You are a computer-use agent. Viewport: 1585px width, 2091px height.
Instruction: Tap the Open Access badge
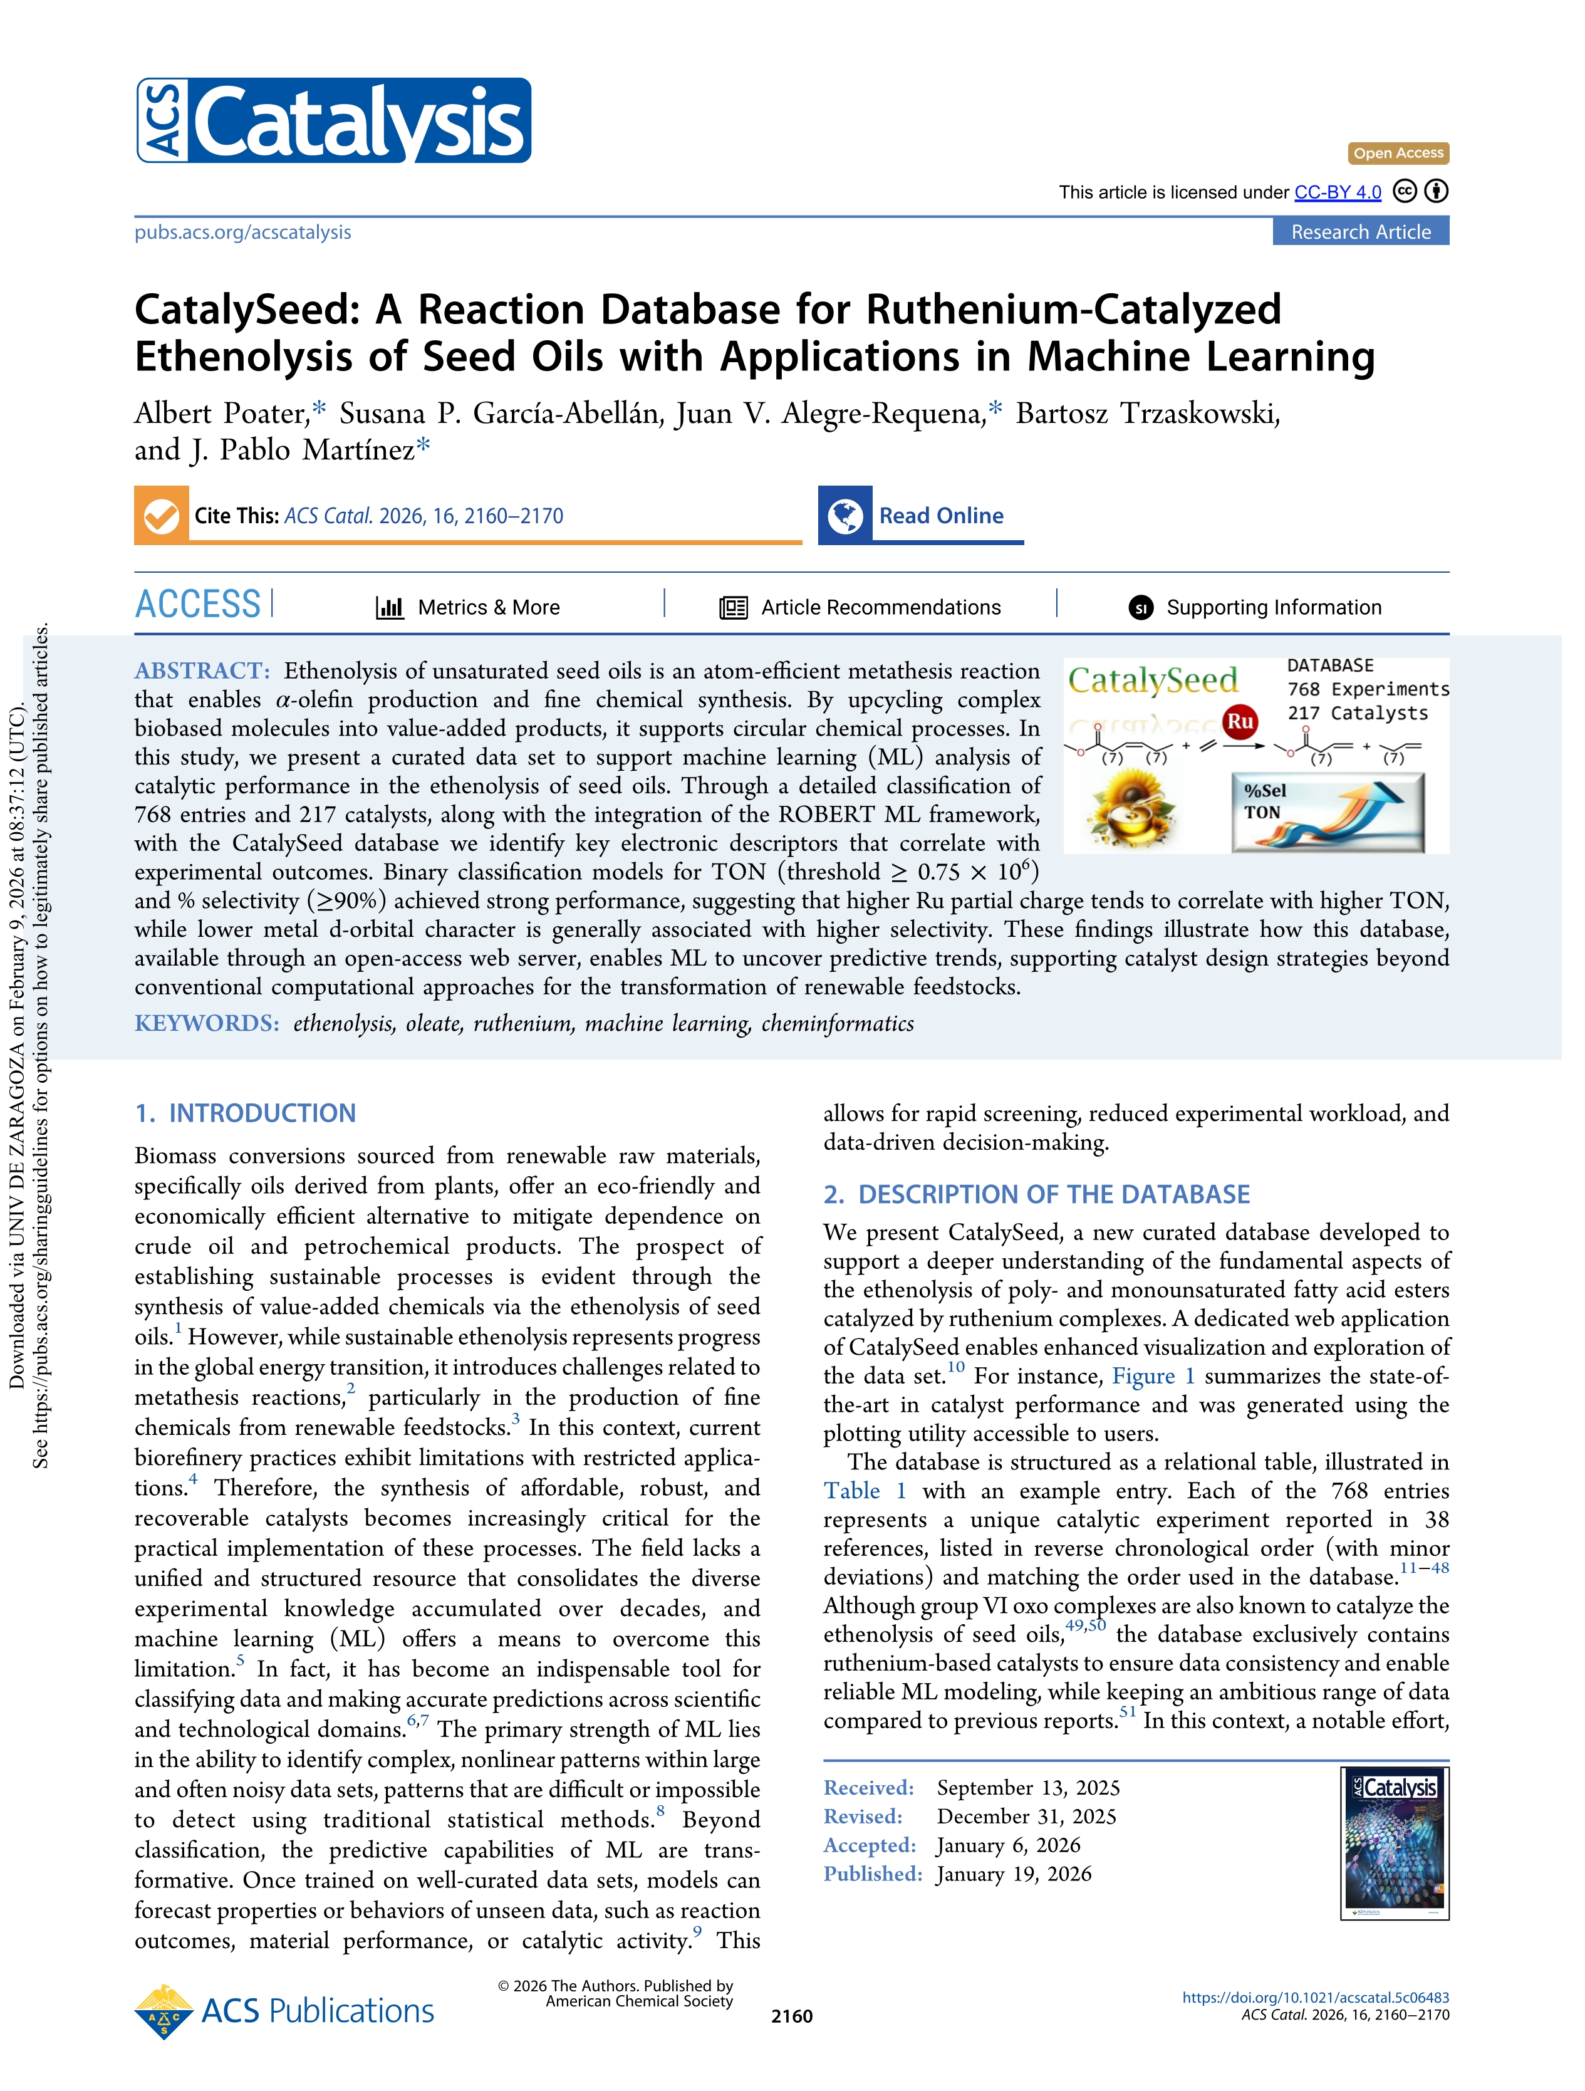pyautogui.click(x=1397, y=153)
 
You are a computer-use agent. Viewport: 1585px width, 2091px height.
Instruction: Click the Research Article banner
pyautogui.click(x=1360, y=232)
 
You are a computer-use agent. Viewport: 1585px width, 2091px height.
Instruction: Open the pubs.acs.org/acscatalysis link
pyautogui.click(x=243, y=232)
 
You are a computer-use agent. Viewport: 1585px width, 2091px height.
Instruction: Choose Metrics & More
pyautogui.click(x=487, y=608)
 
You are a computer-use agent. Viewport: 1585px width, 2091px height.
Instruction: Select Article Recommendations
pyautogui.click(x=880, y=608)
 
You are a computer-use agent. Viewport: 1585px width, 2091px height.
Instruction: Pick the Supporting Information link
pyautogui.click(x=1273, y=608)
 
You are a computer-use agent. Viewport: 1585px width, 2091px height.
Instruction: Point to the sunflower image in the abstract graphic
pyautogui.click(x=1131, y=808)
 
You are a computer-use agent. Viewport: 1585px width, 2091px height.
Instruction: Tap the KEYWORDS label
pyautogui.click(x=207, y=1024)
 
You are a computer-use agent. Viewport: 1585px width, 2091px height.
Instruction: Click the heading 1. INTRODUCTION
pyautogui.click(x=246, y=1113)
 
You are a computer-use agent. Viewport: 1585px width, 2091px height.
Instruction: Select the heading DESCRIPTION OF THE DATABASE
pyautogui.click(x=1053, y=1195)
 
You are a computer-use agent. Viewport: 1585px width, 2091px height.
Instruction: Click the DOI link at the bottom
pyautogui.click(x=1315, y=1998)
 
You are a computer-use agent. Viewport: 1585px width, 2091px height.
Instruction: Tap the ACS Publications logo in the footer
pyautogui.click(x=284, y=2011)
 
